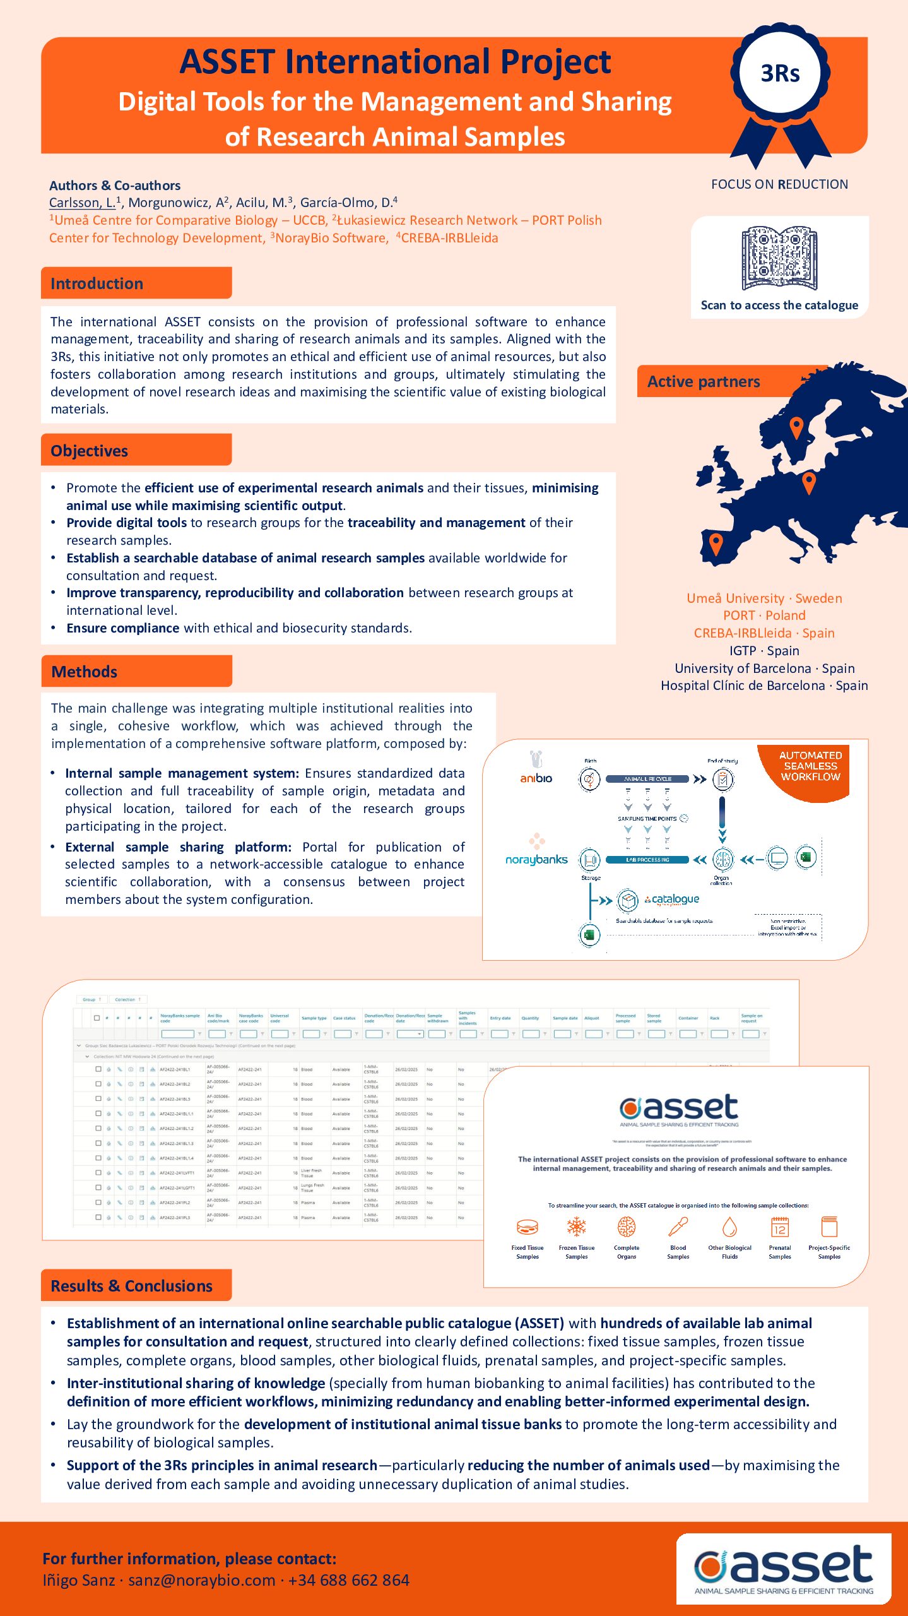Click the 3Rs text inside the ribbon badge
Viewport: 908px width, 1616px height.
pos(780,74)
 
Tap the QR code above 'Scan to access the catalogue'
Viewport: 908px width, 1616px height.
pos(779,258)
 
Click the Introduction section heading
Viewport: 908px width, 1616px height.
pos(97,283)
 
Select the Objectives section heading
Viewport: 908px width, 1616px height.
pos(89,451)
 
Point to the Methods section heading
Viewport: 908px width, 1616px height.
pos(84,672)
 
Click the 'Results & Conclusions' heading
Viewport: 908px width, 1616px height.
pos(131,1286)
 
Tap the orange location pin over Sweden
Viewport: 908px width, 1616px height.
pos(796,427)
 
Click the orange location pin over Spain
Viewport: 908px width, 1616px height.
pos(716,543)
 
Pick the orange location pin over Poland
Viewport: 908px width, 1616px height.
pos(808,483)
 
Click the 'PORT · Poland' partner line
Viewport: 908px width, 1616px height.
pos(764,615)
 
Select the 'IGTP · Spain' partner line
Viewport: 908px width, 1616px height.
pos(764,651)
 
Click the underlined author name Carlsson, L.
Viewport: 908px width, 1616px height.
pos(83,203)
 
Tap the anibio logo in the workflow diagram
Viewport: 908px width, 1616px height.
pos(536,769)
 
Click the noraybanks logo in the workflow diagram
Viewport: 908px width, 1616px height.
pos(536,852)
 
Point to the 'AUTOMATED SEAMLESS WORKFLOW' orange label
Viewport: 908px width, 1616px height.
pos(810,766)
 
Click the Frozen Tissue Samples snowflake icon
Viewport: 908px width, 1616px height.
pos(576,1227)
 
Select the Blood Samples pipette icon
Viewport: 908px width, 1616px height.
pos(678,1227)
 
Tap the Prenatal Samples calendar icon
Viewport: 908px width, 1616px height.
pos(780,1227)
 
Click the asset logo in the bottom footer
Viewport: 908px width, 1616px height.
pos(784,1567)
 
